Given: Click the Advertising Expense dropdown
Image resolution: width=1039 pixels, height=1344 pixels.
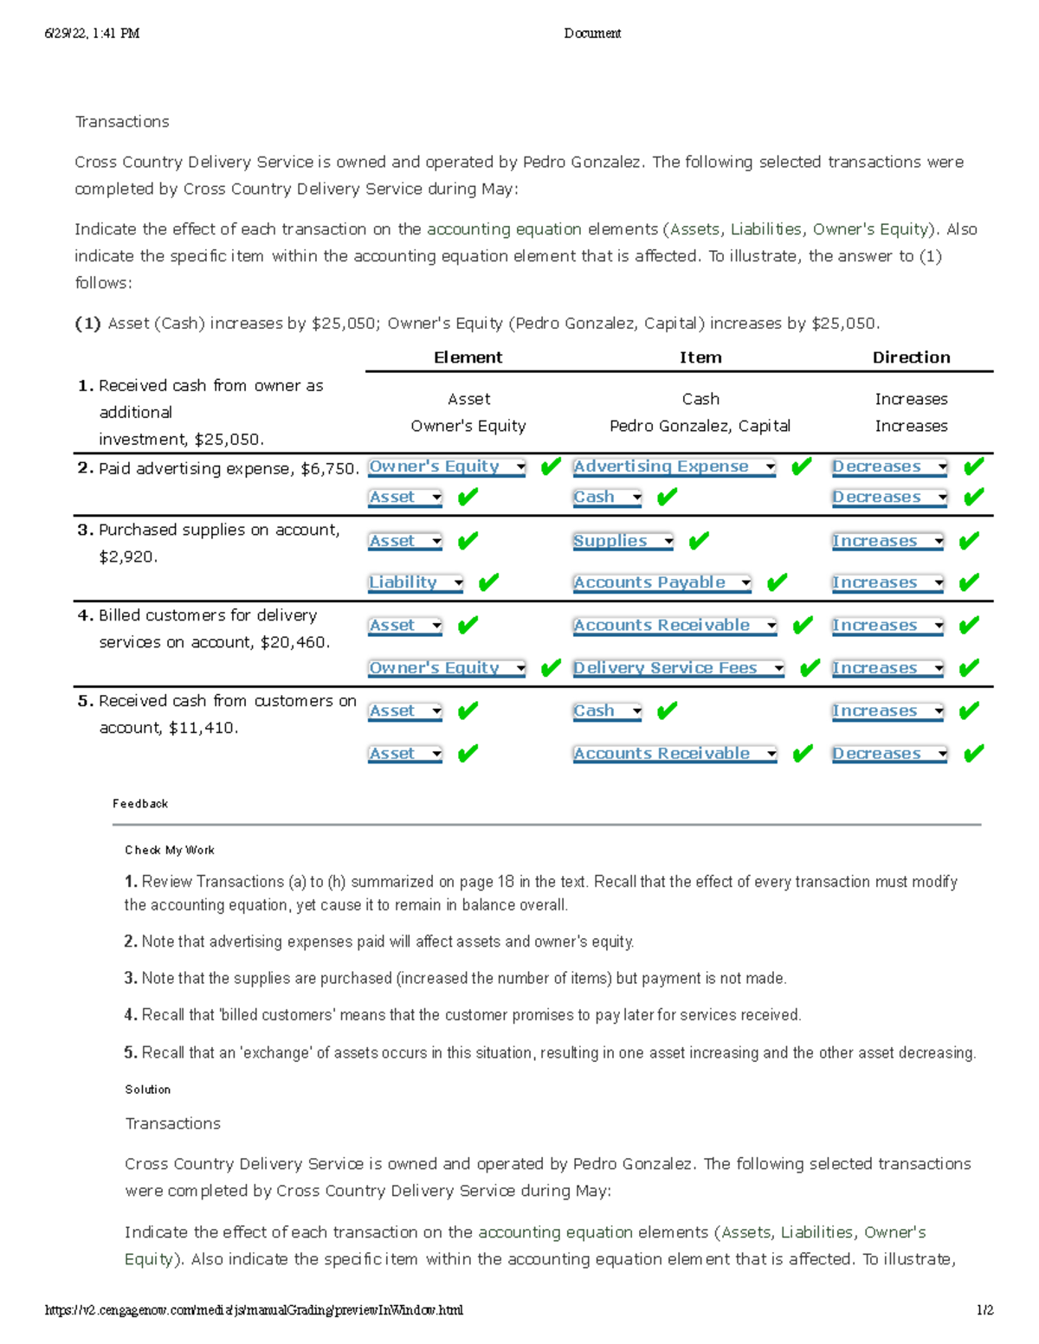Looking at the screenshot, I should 674,467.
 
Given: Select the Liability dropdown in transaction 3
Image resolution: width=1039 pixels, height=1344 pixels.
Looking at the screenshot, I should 416,583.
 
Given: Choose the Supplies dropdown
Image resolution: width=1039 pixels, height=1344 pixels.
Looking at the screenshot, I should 623,542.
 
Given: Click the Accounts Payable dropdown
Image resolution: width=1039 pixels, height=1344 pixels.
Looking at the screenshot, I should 661,583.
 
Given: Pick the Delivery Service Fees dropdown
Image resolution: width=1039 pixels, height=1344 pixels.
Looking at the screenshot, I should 678,669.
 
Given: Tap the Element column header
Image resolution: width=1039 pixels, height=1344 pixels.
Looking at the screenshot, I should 468,357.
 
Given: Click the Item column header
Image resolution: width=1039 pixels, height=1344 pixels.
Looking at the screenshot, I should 700,357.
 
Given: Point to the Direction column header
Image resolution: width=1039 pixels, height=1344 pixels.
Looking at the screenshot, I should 911,357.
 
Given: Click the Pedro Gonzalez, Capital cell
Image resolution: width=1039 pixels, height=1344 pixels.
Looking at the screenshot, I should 700,426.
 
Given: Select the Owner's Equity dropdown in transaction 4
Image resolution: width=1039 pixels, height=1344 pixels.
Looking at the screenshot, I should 447,669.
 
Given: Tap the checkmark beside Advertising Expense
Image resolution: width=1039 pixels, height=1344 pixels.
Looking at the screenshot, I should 802,467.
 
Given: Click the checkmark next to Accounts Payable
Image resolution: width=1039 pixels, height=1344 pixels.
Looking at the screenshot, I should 777,583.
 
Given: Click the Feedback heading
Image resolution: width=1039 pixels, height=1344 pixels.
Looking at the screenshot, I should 140,804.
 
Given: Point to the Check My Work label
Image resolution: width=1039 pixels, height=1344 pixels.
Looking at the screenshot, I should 170,851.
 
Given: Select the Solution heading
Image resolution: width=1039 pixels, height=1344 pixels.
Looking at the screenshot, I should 148,1090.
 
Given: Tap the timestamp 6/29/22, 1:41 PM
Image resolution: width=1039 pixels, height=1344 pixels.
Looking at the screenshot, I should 92,34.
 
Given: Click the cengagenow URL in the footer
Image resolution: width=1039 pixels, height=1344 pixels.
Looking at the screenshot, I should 254,1310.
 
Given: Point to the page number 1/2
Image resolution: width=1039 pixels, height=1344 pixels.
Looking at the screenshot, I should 984,1310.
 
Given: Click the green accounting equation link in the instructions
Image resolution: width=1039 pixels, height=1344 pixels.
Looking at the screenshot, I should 504,229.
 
